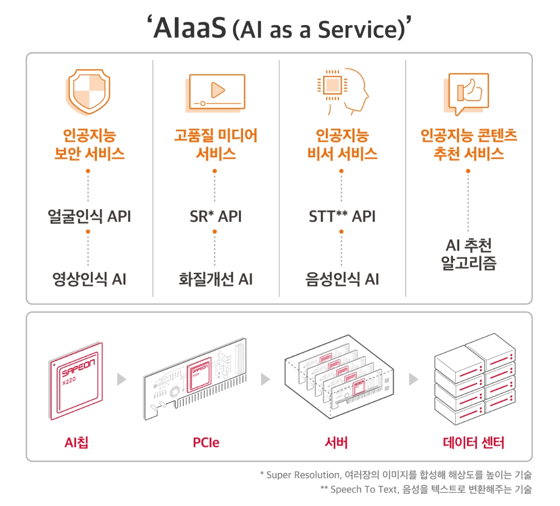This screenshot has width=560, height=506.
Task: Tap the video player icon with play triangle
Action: point(215,92)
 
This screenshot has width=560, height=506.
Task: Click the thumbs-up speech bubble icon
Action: point(469,92)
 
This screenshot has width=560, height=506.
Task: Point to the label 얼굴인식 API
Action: point(89,216)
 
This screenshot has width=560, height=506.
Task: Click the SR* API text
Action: point(215,216)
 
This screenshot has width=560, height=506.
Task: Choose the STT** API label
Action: point(342,216)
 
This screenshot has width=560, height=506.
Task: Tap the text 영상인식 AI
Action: point(89,278)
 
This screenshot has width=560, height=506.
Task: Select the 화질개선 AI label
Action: point(215,278)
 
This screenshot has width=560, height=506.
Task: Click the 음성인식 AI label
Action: point(342,278)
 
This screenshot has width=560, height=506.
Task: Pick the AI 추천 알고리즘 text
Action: point(469,254)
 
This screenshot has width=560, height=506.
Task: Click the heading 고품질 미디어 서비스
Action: point(215,144)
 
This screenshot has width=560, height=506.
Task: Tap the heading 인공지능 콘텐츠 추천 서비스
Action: point(469,144)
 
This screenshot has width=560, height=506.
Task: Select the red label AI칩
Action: point(76,443)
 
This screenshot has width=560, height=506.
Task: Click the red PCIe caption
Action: point(206,443)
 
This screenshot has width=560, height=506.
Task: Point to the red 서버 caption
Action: point(336,443)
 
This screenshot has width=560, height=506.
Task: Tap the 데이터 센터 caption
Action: point(473,443)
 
